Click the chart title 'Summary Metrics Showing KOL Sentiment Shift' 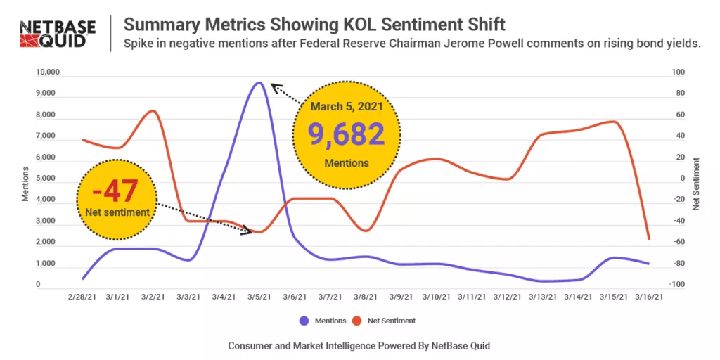[314, 25]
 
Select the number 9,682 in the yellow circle [347, 134]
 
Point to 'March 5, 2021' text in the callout [347, 107]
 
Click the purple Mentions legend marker [304, 321]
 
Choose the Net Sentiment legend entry [383, 321]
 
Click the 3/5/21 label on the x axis [259, 297]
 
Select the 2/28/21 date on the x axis [82, 297]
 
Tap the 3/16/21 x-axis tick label [648, 297]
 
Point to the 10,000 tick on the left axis [49, 72]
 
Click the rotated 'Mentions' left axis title [25, 184]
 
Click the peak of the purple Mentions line [259, 82]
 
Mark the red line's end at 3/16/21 [648, 239]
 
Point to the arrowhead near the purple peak [275, 86]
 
